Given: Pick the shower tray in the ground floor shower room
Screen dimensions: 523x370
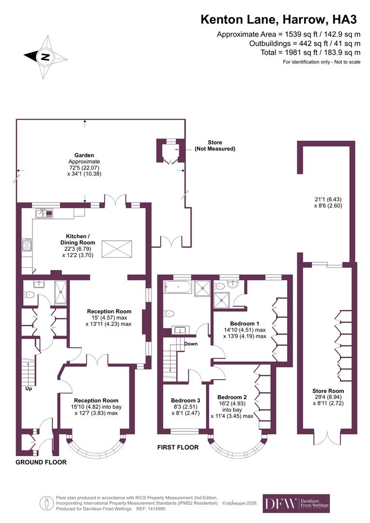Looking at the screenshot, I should point(61,292).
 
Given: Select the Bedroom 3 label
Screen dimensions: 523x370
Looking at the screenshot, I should point(185,400).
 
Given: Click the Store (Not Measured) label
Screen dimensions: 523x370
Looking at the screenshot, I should point(215,146).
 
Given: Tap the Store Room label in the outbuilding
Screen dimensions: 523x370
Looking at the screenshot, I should point(328,391).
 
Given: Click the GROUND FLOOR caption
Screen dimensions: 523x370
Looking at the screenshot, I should point(41,462).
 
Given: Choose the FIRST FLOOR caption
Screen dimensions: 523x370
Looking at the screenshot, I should point(178,447).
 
